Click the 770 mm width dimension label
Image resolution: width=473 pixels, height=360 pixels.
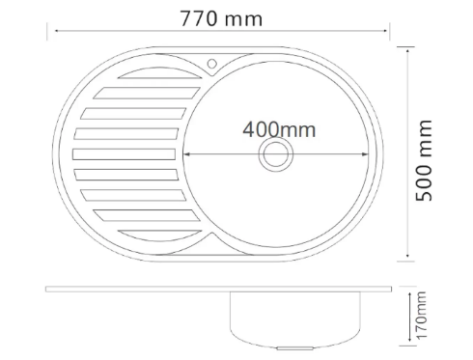[x=221, y=18]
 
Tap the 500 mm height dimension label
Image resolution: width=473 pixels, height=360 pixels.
[x=424, y=160]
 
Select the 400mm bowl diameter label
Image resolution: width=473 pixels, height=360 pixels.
[x=279, y=129]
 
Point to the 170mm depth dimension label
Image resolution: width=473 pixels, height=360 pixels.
[x=422, y=315]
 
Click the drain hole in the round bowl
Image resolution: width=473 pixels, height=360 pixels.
[x=276, y=154]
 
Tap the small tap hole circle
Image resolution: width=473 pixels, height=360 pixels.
[x=211, y=64]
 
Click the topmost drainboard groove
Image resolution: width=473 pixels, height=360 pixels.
[x=160, y=73]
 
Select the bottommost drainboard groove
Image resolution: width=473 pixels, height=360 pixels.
[x=160, y=235]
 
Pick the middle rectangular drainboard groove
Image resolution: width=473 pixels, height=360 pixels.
[x=124, y=154]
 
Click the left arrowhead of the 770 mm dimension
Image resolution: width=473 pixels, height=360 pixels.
[x=57, y=31]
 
